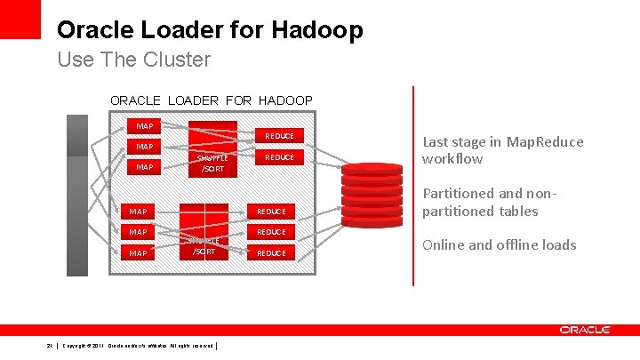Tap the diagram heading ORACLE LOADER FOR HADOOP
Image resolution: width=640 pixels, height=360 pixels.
211,100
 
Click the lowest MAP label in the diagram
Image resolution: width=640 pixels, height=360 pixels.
139,253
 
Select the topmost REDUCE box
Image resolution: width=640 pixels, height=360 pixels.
279,136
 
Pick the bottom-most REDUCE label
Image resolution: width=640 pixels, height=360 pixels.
271,253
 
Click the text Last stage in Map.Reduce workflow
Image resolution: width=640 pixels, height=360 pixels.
503,150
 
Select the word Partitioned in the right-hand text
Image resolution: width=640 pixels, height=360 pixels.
457,193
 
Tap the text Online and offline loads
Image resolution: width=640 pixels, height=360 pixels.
499,245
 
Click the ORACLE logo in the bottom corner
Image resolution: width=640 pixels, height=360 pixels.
585,330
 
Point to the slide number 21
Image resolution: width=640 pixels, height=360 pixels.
50,346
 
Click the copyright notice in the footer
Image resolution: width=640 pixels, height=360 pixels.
138,346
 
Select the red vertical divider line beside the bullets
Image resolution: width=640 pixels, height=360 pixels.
412,186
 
